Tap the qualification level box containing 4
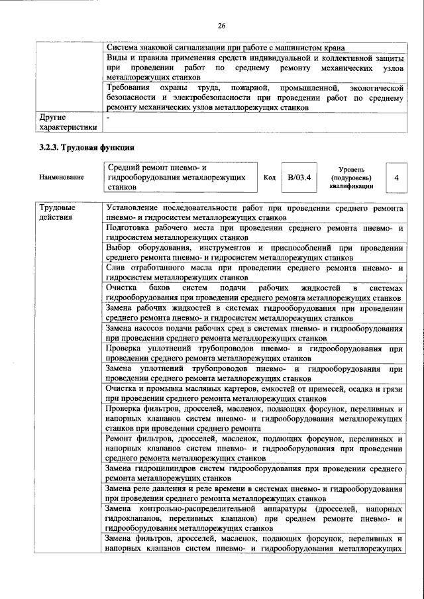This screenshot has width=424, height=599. [396, 178]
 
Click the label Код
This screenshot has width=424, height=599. [270, 178]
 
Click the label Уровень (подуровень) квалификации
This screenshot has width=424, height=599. [351, 178]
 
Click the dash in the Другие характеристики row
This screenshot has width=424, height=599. [109, 117]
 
